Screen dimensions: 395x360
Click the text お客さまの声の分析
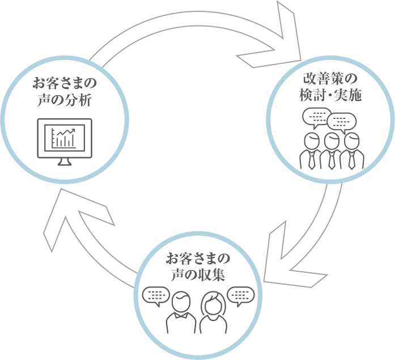pyautogui.click(x=65, y=92)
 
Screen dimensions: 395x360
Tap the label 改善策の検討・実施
pyautogui.click(x=330, y=87)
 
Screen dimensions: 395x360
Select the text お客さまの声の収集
pyautogui.click(x=198, y=267)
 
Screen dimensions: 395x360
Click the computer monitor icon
pyautogui.click(x=65, y=142)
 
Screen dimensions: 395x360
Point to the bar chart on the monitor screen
pyautogui.click(x=63, y=138)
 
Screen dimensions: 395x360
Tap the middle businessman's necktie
pyautogui.click(x=332, y=160)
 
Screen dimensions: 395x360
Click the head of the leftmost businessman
pyautogui.click(x=312, y=142)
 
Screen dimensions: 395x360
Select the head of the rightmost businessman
pyautogui.click(x=352, y=142)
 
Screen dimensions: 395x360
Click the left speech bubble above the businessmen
pyautogui.click(x=316, y=118)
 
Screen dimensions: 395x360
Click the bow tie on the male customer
pyautogui.click(x=181, y=315)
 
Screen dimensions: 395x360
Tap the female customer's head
pyautogui.click(x=214, y=305)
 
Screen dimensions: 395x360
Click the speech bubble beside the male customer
pyautogui.click(x=156, y=296)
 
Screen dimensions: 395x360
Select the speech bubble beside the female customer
pyautogui.click(x=241, y=296)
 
